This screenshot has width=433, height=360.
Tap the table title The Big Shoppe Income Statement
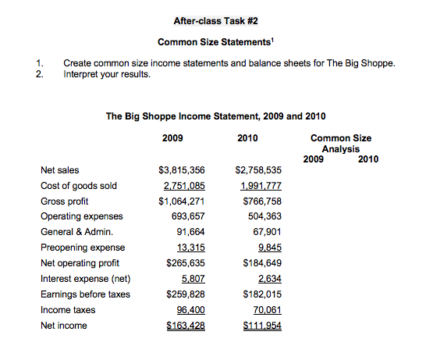tap(215, 116)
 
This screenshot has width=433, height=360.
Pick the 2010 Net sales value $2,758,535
tap(257, 169)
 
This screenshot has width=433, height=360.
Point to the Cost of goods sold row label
tap(79, 185)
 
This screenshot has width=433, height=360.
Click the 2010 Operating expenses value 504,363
tap(263, 216)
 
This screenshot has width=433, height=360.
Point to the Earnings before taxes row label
tap(86, 294)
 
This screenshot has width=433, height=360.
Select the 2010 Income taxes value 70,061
tap(265, 310)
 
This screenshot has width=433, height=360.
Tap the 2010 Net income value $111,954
tap(261, 326)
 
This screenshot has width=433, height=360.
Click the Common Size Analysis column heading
tap(341, 144)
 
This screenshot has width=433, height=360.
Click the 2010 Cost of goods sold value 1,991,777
tap(260, 185)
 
